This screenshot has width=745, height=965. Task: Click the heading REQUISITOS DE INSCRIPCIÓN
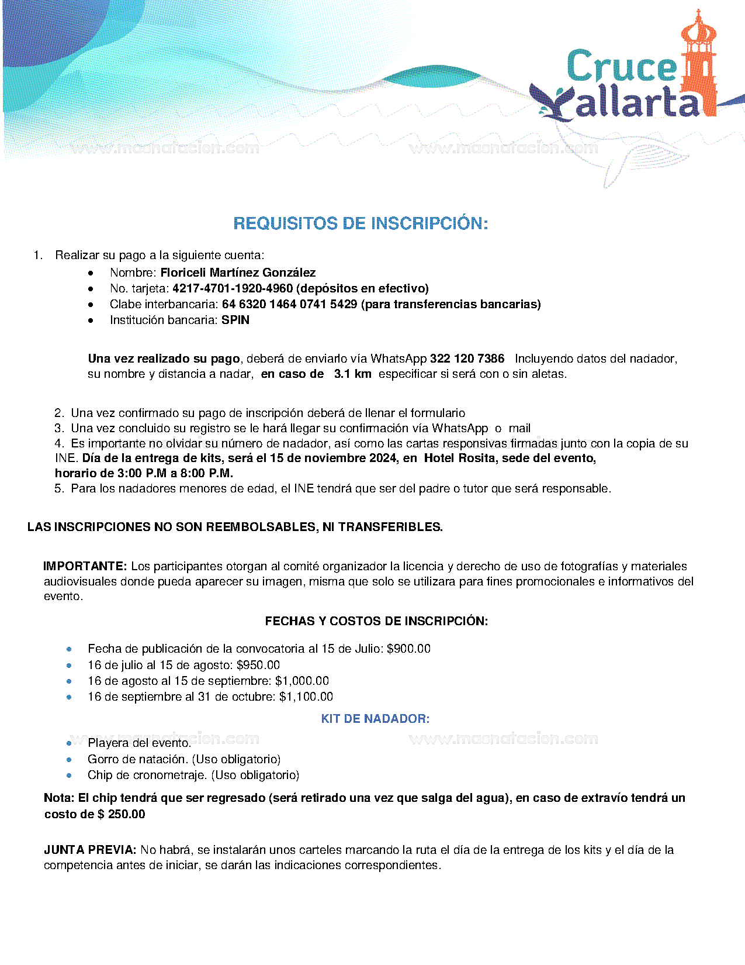point(361,223)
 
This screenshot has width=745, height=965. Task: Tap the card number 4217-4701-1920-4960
point(233,288)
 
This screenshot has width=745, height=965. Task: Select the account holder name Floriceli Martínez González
point(238,273)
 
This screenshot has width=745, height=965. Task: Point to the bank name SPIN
point(235,320)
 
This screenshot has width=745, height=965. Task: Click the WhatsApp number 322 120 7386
point(467,359)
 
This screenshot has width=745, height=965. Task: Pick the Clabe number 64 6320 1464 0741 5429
point(289,304)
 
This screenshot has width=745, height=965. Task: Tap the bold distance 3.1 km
point(352,374)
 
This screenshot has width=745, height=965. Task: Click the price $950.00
point(258,665)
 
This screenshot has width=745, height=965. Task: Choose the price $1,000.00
point(302,681)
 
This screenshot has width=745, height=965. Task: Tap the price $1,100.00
point(306,697)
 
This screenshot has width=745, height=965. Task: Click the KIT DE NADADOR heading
point(375,719)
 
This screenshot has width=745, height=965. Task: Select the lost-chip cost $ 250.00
point(121,814)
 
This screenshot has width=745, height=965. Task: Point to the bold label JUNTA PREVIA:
point(90,850)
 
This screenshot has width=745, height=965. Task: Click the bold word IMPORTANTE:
point(85,566)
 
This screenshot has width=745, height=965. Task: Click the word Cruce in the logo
point(621,66)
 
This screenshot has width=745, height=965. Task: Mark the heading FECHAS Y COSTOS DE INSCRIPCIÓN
point(376,621)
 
